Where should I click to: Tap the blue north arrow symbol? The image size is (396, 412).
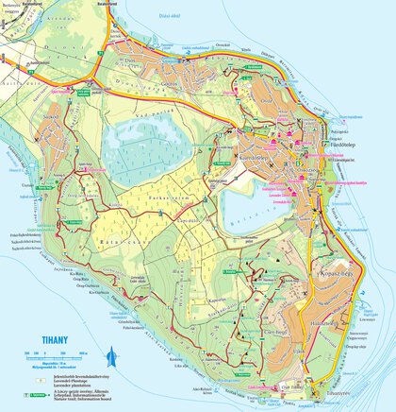coord(113,356)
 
